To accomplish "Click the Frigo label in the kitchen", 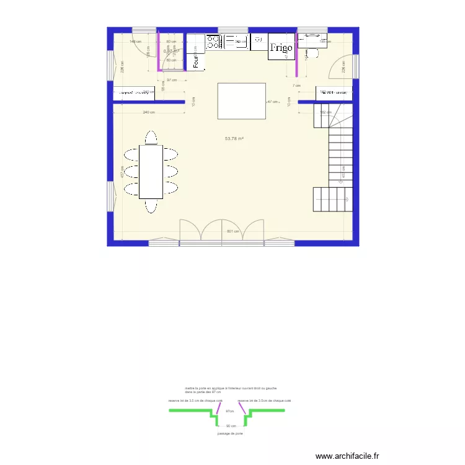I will click(281, 47).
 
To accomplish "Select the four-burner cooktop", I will click(214, 42).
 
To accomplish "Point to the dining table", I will click(151, 172).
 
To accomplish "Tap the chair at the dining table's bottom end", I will click(151, 206).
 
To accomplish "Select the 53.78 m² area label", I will click(234, 138).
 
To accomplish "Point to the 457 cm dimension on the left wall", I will click(122, 175).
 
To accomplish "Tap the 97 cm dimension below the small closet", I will click(171, 80).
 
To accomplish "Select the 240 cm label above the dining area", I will click(148, 112).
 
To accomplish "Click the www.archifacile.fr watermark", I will click(347, 456).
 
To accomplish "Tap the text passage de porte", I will click(230, 433).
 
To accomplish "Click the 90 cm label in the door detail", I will click(231, 426).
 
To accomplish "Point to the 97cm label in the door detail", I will click(229, 411).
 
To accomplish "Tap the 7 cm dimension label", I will click(297, 86).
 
